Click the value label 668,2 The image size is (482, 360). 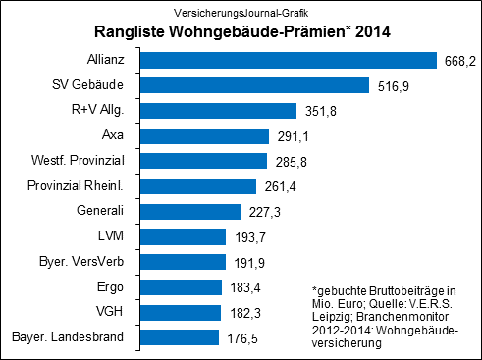tap(457, 60)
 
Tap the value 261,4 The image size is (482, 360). tap(278, 185)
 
